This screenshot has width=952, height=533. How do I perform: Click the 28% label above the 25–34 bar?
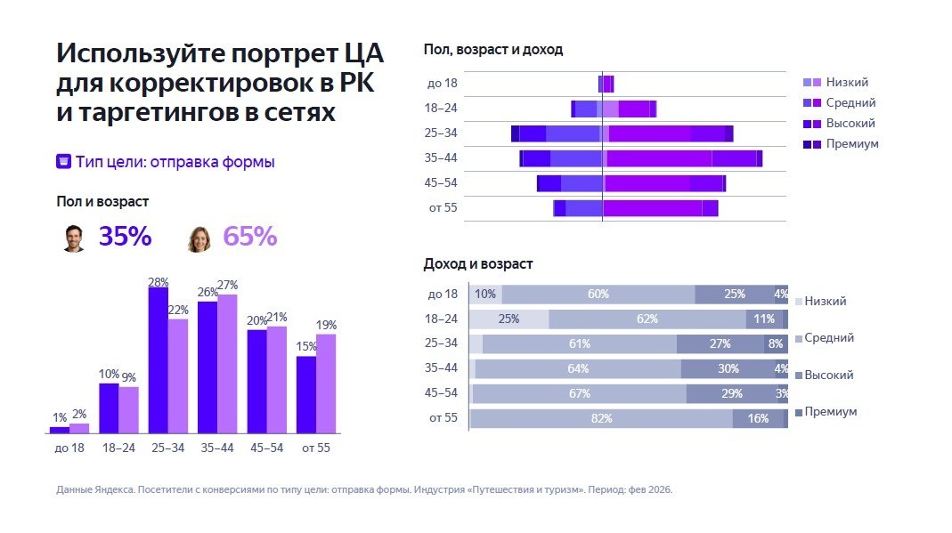pyautogui.click(x=159, y=282)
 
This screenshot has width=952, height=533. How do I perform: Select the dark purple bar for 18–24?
pyautogui.click(x=109, y=408)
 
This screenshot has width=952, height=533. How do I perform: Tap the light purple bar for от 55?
pyautogui.click(x=326, y=383)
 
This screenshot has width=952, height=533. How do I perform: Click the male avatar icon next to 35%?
pyautogui.click(x=74, y=238)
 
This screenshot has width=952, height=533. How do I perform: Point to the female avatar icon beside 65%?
pyautogui.click(x=199, y=238)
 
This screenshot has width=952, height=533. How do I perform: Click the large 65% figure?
pyautogui.click(x=249, y=237)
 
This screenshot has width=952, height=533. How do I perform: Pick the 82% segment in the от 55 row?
pyautogui.click(x=600, y=418)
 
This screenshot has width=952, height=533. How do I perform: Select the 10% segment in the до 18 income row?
pyautogui.click(x=485, y=295)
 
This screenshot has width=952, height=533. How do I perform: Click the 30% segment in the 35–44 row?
pyautogui.click(x=728, y=368)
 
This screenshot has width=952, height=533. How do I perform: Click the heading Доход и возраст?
pyautogui.click(x=477, y=264)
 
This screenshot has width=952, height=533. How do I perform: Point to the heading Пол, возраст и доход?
pyautogui.click(x=492, y=50)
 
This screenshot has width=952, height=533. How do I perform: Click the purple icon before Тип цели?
pyautogui.click(x=64, y=162)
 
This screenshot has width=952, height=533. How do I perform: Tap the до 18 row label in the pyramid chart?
pyautogui.click(x=442, y=84)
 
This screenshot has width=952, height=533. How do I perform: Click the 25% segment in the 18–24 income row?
pyautogui.click(x=509, y=319)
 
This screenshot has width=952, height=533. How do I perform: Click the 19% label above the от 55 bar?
pyautogui.click(x=326, y=325)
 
